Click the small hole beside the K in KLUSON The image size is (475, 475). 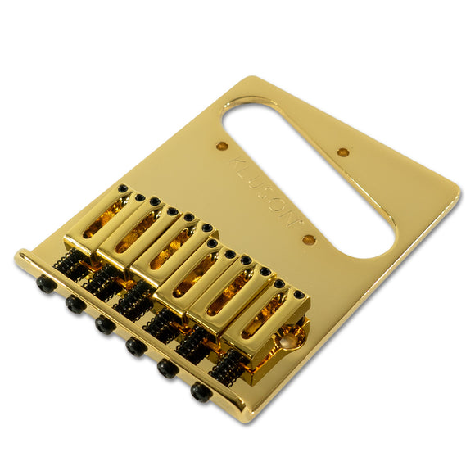pos(221,146)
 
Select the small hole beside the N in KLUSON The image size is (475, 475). pos(309,240)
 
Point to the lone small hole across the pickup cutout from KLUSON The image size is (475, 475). pos(343,152)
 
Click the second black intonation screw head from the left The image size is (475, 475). pos(75,304)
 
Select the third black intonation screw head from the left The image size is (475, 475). pos(105,325)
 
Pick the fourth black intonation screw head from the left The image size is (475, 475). pos(136,347)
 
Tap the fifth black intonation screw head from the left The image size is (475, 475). pos(168,369)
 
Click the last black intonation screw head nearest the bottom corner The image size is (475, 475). pos(201,392)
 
